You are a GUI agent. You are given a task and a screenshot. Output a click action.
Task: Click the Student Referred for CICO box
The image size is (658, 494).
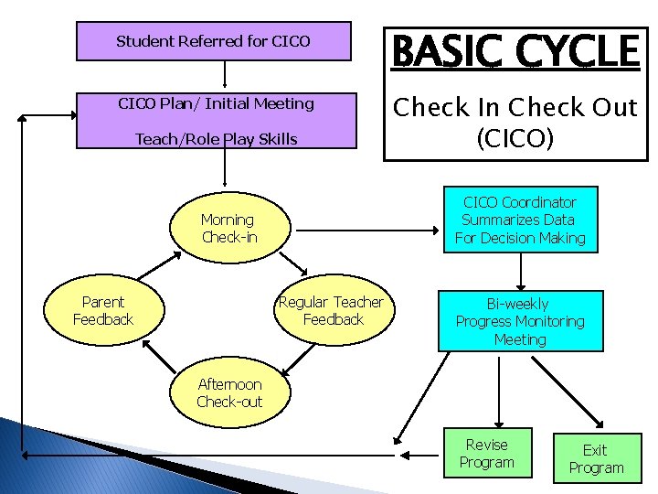coord(213,41)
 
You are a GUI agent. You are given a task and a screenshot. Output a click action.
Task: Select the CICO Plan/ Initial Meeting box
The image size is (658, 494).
coord(215,104)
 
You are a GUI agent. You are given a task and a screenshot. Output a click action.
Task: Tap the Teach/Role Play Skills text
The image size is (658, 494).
coord(216,139)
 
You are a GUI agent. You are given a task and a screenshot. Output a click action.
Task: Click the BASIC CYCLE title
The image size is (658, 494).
coord(515,51)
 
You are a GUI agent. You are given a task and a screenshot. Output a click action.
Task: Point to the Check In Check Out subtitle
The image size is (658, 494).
coord(515,108)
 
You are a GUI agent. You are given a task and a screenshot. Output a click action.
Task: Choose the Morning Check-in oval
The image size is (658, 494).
coord(228,229)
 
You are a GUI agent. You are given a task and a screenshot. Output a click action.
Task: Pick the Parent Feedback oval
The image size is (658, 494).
coord(103,310)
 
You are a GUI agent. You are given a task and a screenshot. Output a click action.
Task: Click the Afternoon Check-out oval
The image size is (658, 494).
coord(228,393)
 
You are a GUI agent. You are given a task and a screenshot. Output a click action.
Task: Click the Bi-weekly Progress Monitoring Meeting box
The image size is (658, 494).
coord(520,321)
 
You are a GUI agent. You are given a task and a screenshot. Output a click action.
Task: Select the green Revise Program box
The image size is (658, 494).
coord(487,453)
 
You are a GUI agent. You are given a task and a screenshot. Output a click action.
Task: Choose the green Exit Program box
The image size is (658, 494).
coord(595,458)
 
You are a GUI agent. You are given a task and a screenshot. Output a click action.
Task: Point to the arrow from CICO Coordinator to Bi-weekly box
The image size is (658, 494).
coord(520,271)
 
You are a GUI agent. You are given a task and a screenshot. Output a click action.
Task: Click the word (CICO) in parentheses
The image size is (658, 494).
coord(515,140)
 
